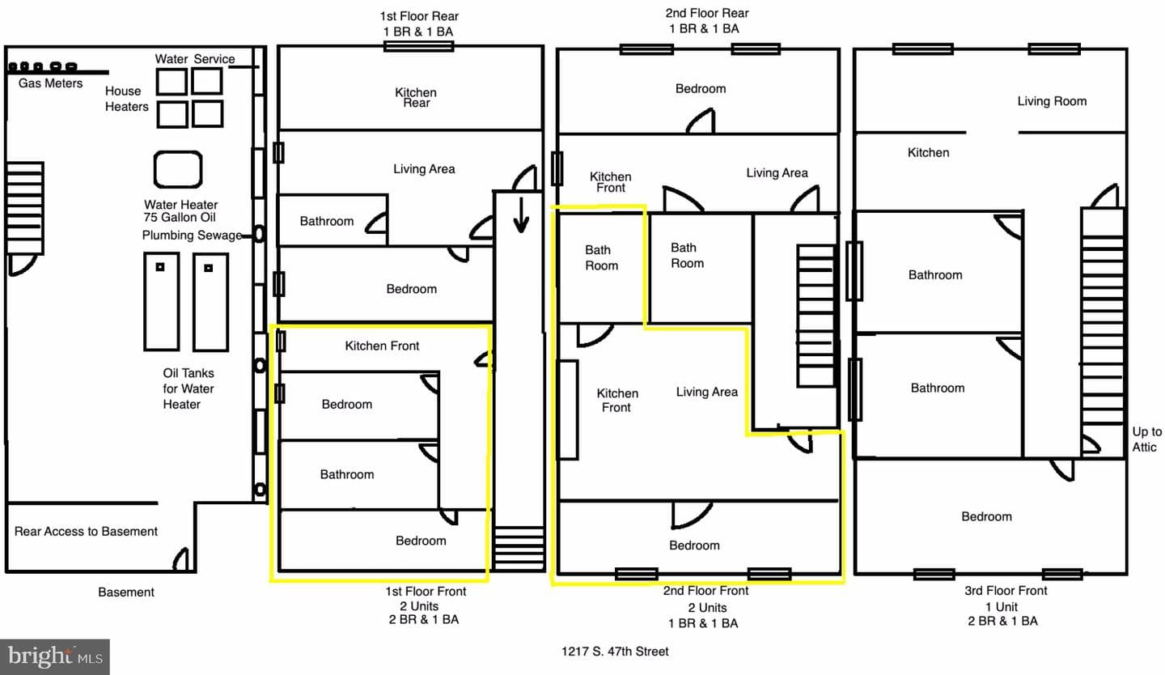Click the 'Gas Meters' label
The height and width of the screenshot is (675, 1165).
tap(50, 83)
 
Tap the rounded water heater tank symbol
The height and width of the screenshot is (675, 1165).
tap(178, 169)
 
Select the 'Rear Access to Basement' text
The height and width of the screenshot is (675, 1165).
tap(86, 532)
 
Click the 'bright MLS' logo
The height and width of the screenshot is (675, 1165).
tap(55, 656)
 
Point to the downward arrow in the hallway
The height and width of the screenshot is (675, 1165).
tap(521, 215)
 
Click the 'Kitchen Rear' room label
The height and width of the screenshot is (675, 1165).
tap(416, 97)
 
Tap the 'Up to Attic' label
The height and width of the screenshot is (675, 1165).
tap(1147, 439)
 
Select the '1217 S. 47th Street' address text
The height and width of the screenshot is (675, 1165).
tap(615, 652)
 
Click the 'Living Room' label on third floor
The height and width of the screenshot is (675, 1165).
tap(1052, 101)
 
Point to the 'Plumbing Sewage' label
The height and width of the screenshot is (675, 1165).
tap(192, 236)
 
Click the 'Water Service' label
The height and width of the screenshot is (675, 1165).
tap(195, 59)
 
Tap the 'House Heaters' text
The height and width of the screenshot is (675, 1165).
tap(126, 99)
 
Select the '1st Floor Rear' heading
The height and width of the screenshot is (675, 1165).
tap(419, 16)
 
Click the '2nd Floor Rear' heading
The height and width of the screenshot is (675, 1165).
tap(707, 13)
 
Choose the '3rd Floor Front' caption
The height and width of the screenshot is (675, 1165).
tap(1006, 591)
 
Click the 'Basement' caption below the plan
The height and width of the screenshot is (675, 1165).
tap(126, 592)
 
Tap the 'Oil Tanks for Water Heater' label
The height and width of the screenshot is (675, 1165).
tap(188, 388)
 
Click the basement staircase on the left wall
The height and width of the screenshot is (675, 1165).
tap(24, 208)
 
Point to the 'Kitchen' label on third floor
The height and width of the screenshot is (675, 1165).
tap(929, 152)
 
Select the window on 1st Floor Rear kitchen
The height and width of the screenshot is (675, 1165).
tap(419, 47)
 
